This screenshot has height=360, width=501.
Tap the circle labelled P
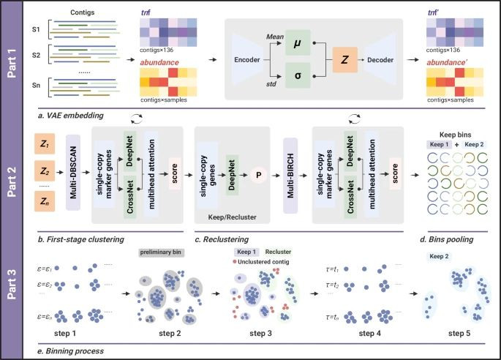click(x=257, y=176)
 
